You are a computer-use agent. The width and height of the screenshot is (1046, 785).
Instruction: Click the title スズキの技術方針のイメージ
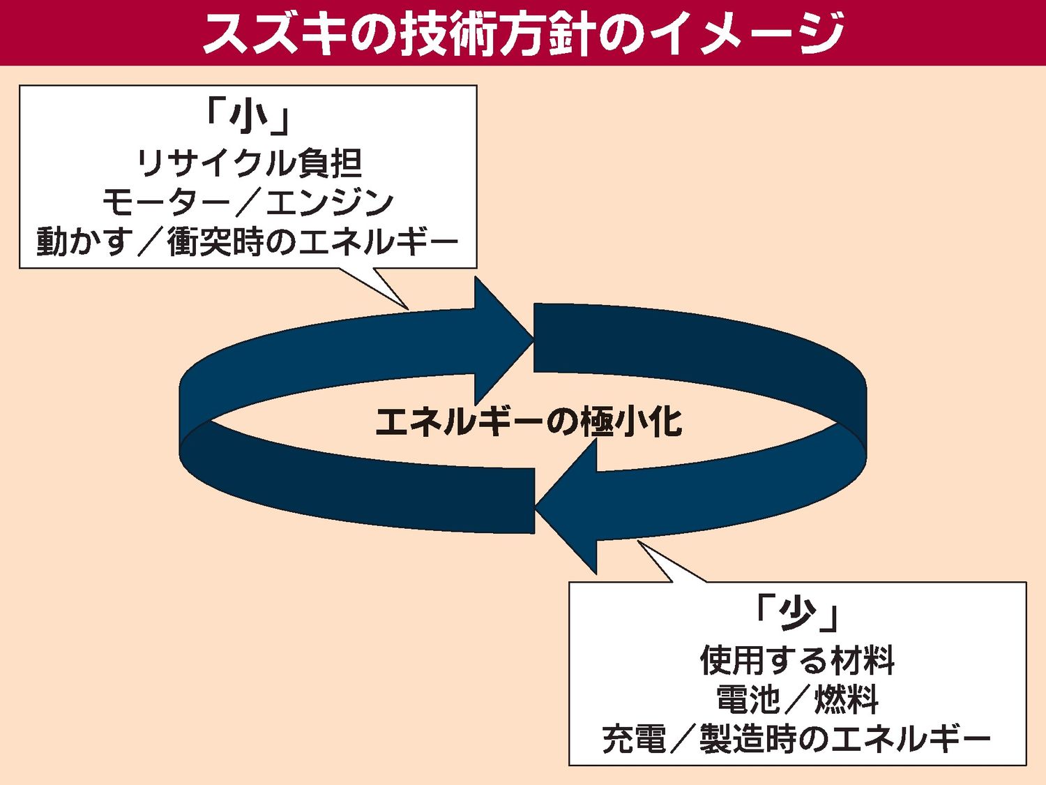coord(523,33)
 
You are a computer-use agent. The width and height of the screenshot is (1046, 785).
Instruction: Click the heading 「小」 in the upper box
coord(248,117)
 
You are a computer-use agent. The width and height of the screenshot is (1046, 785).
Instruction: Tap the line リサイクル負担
coord(248,163)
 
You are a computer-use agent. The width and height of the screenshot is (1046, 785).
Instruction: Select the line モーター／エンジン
coord(248,202)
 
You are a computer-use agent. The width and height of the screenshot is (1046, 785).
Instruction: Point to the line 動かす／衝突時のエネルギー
coord(248,241)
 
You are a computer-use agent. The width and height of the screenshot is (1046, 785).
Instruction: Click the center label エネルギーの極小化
coord(529,421)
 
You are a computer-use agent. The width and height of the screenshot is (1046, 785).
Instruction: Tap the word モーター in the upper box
coord(165,202)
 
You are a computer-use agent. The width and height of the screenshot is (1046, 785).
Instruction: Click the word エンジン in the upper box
coord(330,202)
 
